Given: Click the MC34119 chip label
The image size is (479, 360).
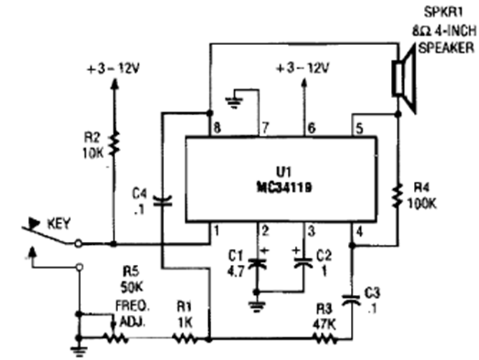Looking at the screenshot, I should [x=281, y=188].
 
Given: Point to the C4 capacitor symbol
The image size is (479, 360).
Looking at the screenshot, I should [x=162, y=200].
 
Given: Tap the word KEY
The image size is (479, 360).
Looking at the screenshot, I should [x=59, y=223].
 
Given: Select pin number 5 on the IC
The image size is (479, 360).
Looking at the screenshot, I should [x=359, y=127].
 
